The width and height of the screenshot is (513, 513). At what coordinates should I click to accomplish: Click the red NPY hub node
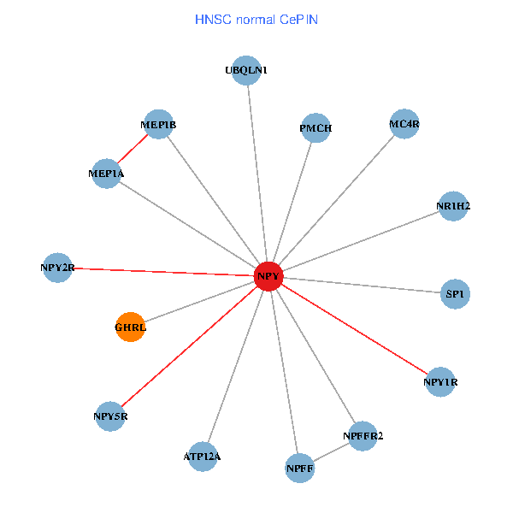(268, 275)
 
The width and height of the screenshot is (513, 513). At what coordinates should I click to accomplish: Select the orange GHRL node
(131, 327)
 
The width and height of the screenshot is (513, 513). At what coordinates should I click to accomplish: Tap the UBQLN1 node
(245, 71)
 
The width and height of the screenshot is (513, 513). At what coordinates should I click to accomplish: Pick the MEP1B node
(159, 125)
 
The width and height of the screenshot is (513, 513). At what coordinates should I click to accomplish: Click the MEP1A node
(107, 174)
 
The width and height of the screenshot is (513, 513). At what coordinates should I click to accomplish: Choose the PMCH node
(315, 129)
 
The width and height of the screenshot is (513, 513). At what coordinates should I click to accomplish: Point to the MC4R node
(404, 125)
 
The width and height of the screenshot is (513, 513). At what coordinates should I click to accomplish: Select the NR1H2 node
(452, 206)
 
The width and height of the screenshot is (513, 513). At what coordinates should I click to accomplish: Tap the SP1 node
(455, 294)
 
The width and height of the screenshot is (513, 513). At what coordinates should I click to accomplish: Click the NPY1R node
(440, 381)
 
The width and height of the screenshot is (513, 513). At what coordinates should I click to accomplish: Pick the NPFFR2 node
(363, 436)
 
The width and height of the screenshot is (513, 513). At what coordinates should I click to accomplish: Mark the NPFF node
(300, 468)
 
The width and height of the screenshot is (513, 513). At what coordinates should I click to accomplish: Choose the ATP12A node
(203, 457)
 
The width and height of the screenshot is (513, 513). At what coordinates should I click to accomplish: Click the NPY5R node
(111, 416)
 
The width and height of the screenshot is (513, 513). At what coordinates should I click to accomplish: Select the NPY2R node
(58, 268)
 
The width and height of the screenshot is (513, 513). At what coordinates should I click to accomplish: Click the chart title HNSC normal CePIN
(256, 19)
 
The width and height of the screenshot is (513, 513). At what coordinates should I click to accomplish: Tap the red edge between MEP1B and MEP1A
(133, 149)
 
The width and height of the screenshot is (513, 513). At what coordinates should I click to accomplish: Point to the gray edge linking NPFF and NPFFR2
(332, 452)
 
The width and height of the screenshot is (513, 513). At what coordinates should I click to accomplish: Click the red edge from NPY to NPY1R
(354, 328)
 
